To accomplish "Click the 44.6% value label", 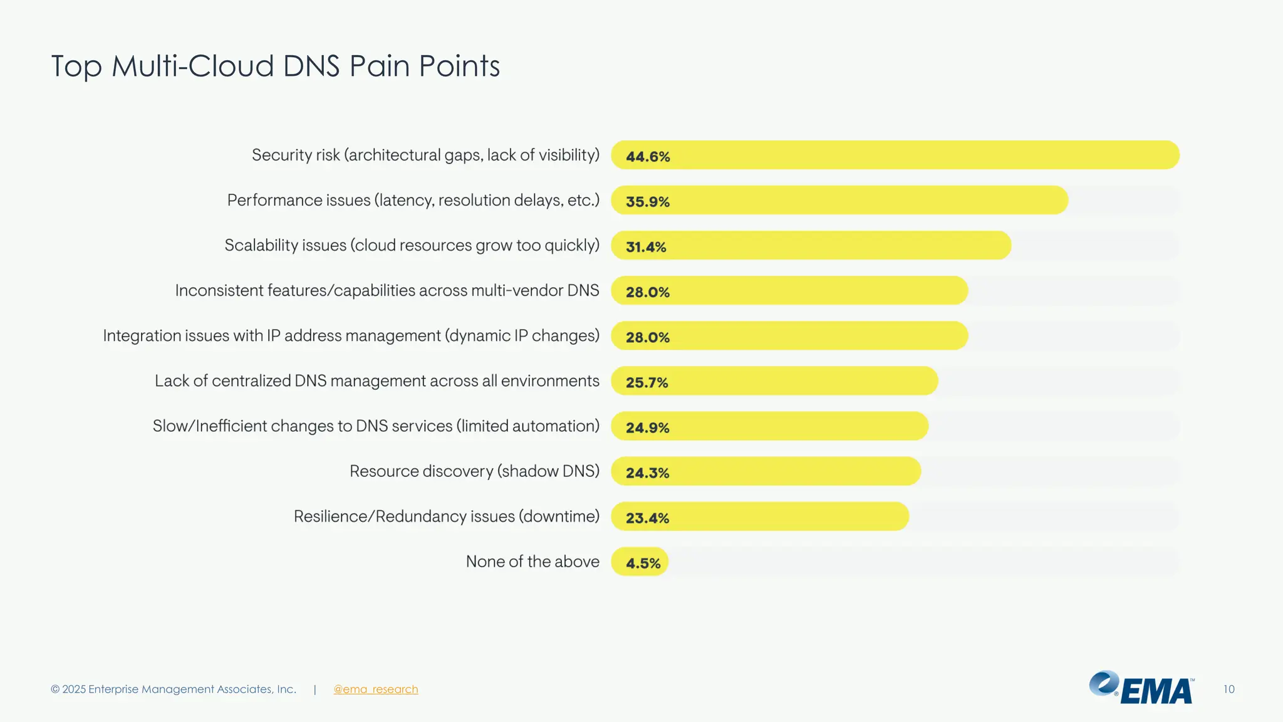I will [648, 157].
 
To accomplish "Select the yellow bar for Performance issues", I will [839, 201].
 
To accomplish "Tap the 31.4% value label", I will [646, 247].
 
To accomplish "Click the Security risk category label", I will [425, 155].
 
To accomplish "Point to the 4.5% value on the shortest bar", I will [643, 563].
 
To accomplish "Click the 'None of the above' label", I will [532, 562].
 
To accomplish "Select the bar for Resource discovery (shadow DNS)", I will [766, 471].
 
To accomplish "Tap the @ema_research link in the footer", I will [375, 689].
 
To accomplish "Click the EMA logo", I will [1141, 688].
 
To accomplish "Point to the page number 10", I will [1228, 689].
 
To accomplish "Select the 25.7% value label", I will [647, 382].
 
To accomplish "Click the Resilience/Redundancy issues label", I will [446, 516].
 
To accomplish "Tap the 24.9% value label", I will [648, 427].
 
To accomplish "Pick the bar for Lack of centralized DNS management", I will [774, 381].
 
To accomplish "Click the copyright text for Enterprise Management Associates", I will [174, 689].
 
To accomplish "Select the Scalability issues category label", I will [412, 246].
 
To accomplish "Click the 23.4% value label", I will [648, 518].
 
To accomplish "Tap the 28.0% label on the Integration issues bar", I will [648, 337].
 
